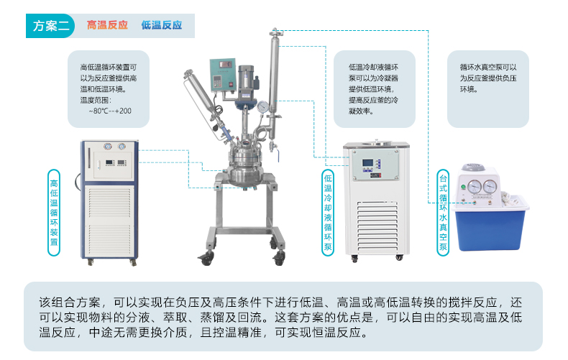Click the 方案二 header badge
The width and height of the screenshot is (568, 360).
50,26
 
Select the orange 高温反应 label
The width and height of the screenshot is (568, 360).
107,25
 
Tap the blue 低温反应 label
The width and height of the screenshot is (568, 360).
162,25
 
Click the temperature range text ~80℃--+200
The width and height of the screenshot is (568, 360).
110,111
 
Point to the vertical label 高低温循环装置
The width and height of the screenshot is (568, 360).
54,213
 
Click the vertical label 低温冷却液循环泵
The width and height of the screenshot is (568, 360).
328,213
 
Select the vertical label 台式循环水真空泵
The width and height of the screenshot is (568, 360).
443,213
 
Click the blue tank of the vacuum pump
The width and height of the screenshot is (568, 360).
490,229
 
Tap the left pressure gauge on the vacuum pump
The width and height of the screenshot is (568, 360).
475,187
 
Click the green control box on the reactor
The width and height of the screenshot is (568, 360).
223,75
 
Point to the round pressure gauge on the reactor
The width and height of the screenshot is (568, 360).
263,107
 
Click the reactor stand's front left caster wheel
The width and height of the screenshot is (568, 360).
206,259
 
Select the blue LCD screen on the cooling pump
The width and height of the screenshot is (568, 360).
367,163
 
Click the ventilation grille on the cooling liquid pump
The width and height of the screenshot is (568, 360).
377,227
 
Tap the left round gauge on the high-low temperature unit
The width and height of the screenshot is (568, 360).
108,147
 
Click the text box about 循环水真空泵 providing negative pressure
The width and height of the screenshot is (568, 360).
488,89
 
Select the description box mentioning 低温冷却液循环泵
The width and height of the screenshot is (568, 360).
374,89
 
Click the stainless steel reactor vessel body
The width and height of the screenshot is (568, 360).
244,165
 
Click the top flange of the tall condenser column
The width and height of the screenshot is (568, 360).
275,33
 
